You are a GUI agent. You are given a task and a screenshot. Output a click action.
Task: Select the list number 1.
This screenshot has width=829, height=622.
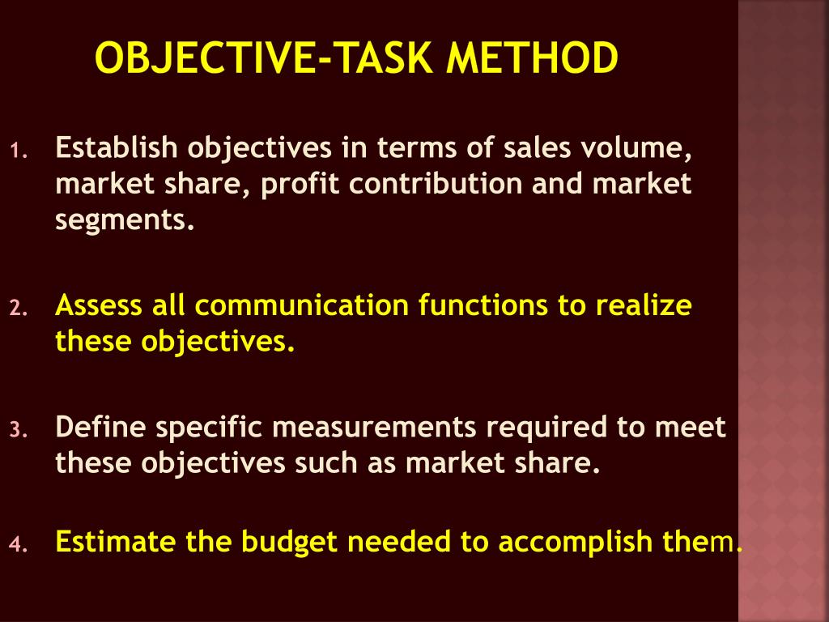pyautogui.click(x=19, y=151)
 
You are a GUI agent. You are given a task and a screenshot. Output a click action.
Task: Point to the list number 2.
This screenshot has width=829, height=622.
pyautogui.click(x=19, y=309)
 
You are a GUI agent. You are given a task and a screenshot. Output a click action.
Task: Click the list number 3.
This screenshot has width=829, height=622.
pyautogui.click(x=19, y=429)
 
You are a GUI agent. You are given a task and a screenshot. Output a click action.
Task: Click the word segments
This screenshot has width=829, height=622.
pyautogui.click(x=125, y=221)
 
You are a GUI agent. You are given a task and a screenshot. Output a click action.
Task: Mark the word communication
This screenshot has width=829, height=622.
pyautogui.click(x=303, y=306)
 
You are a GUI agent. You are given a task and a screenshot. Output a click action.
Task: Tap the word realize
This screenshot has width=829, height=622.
pyautogui.click(x=644, y=306)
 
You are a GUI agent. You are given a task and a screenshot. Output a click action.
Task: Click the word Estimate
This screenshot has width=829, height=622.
pyautogui.click(x=117, y=541)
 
